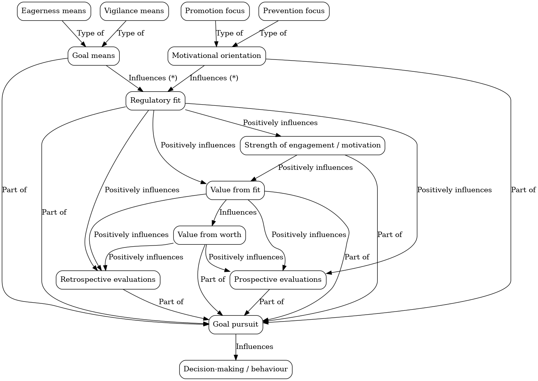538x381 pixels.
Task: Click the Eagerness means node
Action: [x=54, y=11]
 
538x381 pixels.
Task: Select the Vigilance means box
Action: [x=134, y=11]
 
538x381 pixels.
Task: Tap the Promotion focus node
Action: [x=215, y=11]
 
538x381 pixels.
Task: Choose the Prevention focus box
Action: [x=294, y=11]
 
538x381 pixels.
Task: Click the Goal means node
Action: [x=93, y=56]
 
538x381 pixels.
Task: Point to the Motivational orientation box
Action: [x=216, y=56]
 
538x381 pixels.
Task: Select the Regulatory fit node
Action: [x=155, y=100]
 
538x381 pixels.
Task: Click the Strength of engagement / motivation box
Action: [x=312, y=145]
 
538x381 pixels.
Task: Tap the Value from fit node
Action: [x=235, y=190]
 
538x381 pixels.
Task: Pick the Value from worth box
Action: [x=209, y=235]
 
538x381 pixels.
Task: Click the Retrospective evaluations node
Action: [x=108, y=279]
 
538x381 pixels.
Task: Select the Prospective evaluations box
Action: [x=278, y=279]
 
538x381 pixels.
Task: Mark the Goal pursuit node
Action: [x=236, y=324]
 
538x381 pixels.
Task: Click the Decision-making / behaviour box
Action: [x=236, y=369]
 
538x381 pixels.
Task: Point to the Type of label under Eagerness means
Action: [x=90, y=33]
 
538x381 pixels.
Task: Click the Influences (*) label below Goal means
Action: [x=153, y=78]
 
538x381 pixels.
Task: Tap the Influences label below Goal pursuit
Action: [x=255, y=347]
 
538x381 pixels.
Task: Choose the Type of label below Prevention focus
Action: [x=273, y=33]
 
